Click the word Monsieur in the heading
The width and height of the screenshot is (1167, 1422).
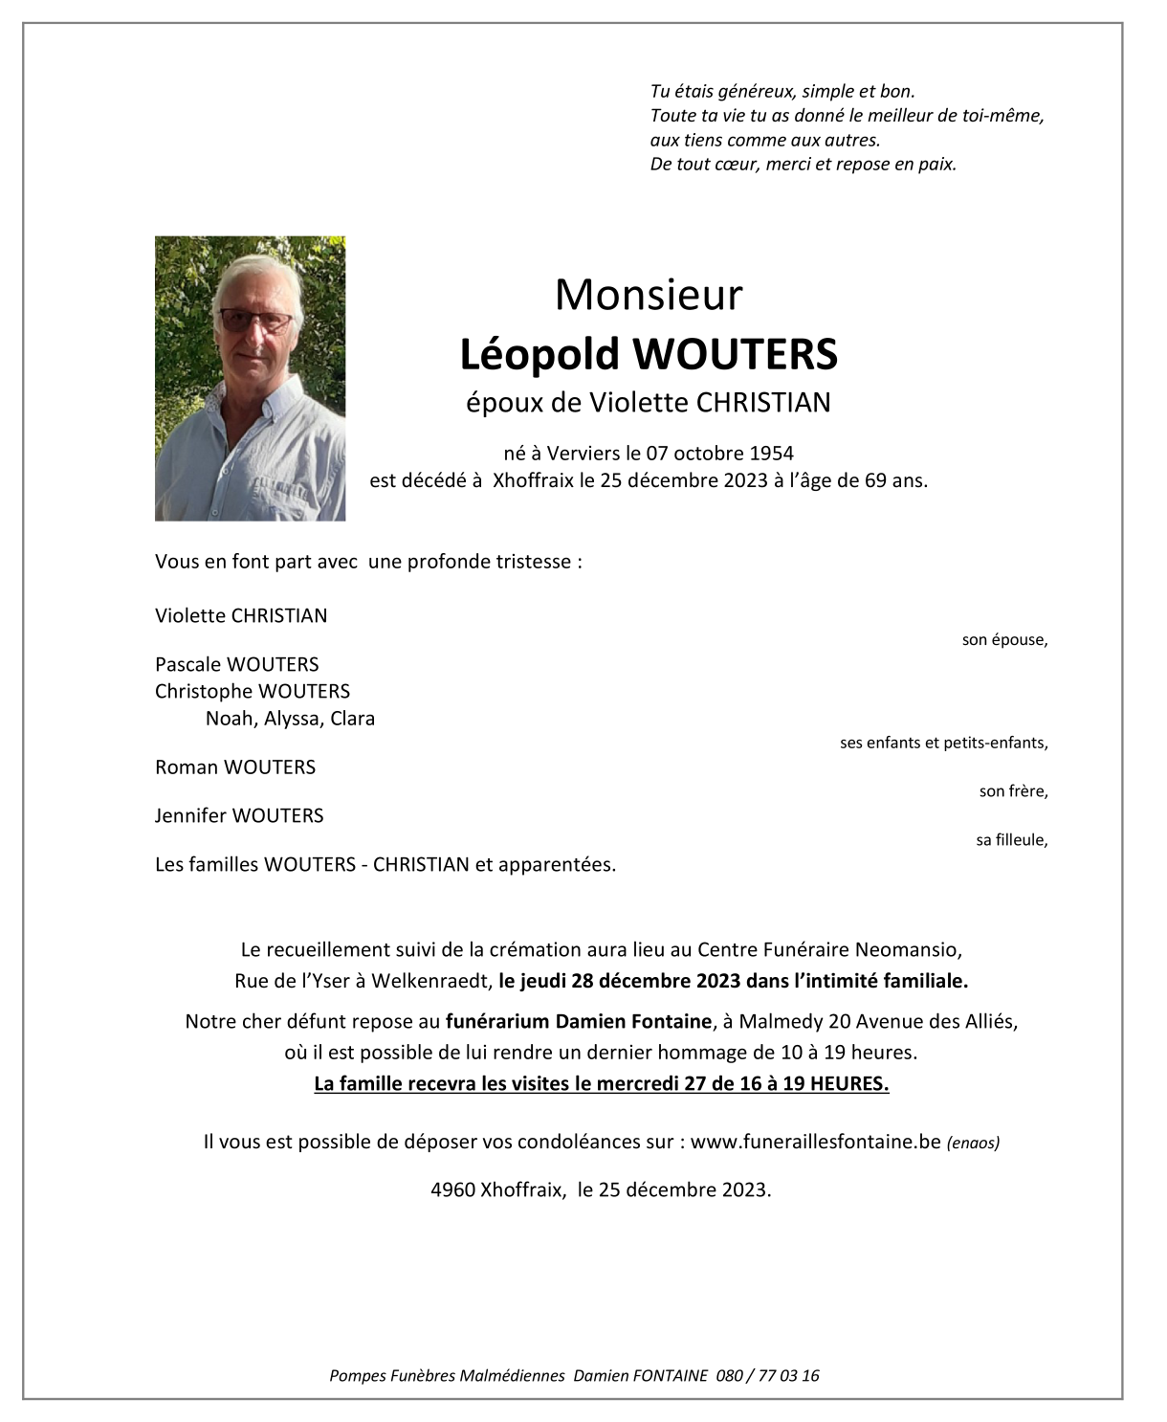pos(649,295)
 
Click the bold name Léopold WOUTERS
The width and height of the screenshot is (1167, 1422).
pos(649,354)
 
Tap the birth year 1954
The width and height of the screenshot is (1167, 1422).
pos(771,454)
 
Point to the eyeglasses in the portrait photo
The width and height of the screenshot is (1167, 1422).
pos(255,320)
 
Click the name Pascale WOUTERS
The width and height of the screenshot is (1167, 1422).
pos(237,664)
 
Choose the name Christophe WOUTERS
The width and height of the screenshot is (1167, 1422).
pos(253,691)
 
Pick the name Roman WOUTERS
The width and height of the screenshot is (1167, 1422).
pos(235,767)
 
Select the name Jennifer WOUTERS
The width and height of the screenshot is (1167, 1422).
pos(239,816)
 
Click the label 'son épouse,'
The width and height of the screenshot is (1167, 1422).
pos(1004,640)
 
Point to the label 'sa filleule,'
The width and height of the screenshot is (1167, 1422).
pos(1011,840)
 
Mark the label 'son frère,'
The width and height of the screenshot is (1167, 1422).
pos(1013,791)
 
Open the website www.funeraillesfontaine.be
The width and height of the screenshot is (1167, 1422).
pos(815,1142)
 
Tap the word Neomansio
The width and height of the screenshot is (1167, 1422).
pos(908,950)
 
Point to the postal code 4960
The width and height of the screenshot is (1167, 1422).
pos(452,1190)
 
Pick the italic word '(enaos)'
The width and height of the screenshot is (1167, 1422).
pos(973,1143)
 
